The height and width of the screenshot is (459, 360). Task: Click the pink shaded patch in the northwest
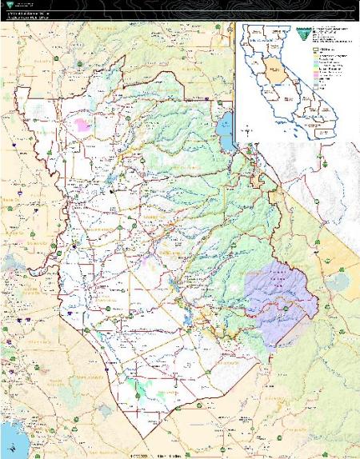pos(84,126)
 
